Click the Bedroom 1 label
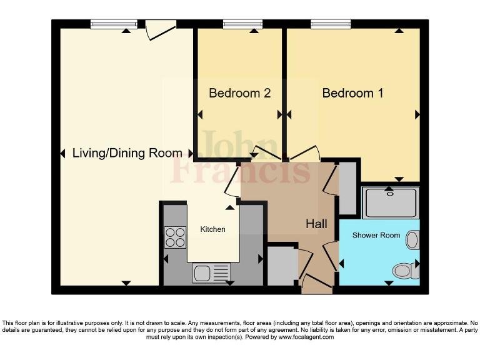click(x=352, y=93)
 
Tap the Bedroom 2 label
click(x=239, y=93)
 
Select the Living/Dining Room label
click(x=127, y=153)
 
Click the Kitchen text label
click(x=212, y=229)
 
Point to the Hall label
click(x=316, y=224)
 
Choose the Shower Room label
click(x=376, y=236)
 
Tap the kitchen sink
click(x=211, y=272)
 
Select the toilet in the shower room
click(x=402, y=271)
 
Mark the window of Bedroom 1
click(x=331, y=24)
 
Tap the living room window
click(x=113, y=24)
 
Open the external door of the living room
click(x=161, y=29)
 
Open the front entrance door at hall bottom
click(x=317, y=284)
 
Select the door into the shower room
click(x=331, y=257)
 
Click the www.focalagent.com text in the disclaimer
click(x=306, y=337)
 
